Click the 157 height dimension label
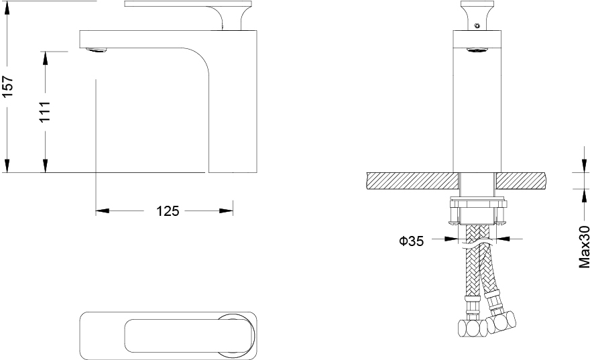click(8, 86)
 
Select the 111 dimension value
click(45, 111)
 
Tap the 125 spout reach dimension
click(168, 211)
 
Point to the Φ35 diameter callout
click(411, 241)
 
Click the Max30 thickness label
click(585, 247)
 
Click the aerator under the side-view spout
click(97, 50)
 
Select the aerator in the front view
click(477, 50)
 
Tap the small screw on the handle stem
click(477, 25)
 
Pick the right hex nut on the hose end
click(501, 322)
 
